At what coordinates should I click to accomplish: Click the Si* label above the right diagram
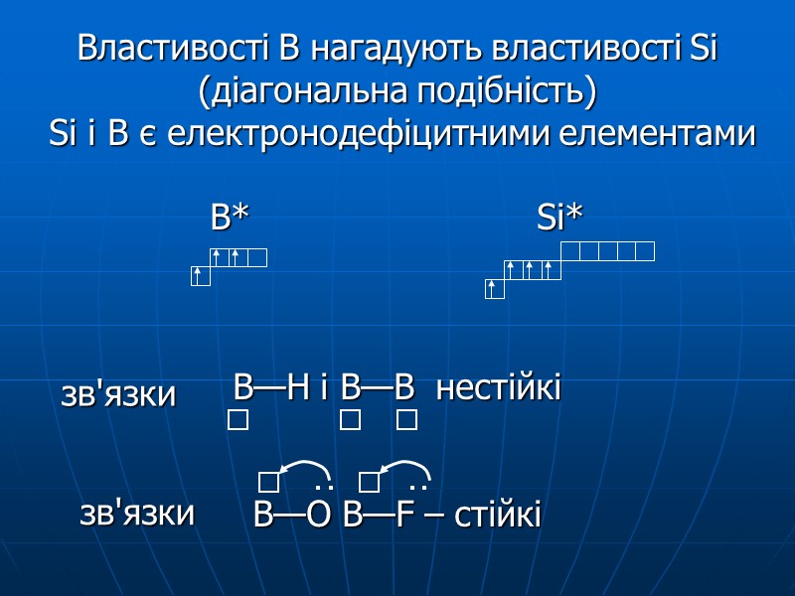[x=559, y=218]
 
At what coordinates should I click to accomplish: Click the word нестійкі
[x=499, y=387]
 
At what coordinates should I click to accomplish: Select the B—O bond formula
[x=292, y=516]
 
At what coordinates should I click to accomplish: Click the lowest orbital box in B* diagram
[x=201, y=276]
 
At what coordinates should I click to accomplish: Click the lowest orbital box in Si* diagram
[x=495, y=289]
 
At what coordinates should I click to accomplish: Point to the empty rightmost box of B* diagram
[x=257, y=258]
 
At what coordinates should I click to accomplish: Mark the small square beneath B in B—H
[x=238, y=421]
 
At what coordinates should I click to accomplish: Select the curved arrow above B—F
[x=403, y=467]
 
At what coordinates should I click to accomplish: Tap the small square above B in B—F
[x=369, y=483]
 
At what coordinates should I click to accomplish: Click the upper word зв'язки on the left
[x=118, y=394]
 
